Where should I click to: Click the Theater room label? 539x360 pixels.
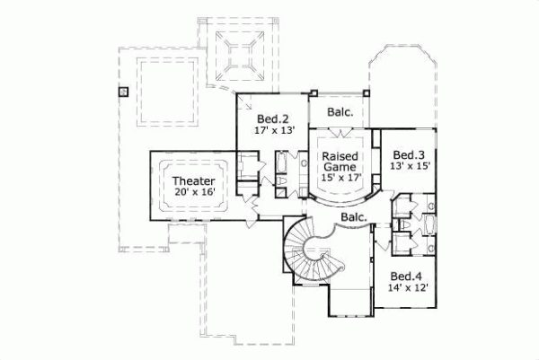point(194,180)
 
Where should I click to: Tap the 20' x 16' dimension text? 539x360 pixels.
point(194,193)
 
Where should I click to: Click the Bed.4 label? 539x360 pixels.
point(405,275)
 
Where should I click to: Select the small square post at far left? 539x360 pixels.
point(123,91)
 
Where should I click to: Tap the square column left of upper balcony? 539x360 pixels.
point(314,92)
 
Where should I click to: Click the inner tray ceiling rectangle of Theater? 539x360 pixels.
point(195,186)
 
